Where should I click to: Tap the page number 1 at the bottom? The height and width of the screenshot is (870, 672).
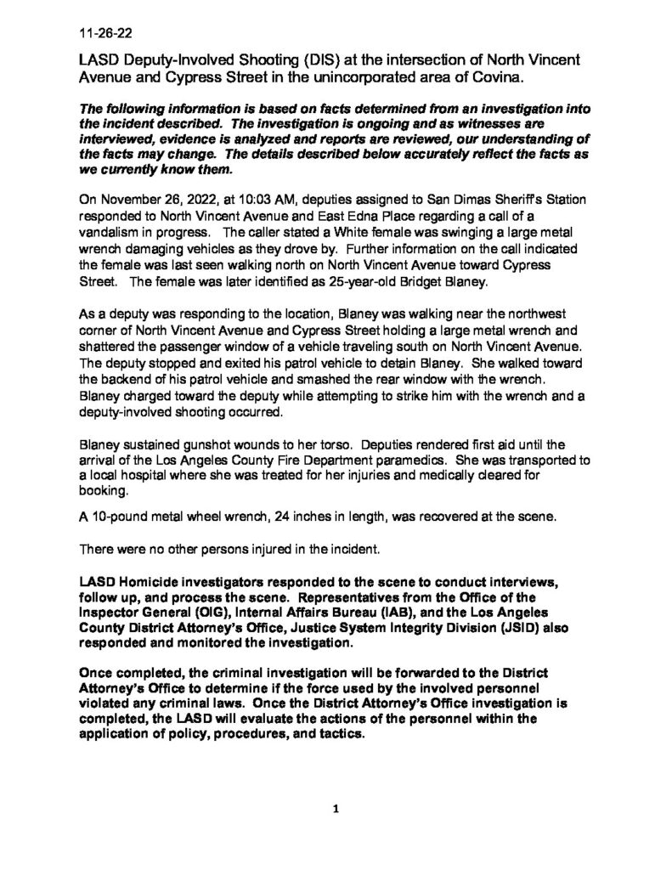[x=336, y=808]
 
